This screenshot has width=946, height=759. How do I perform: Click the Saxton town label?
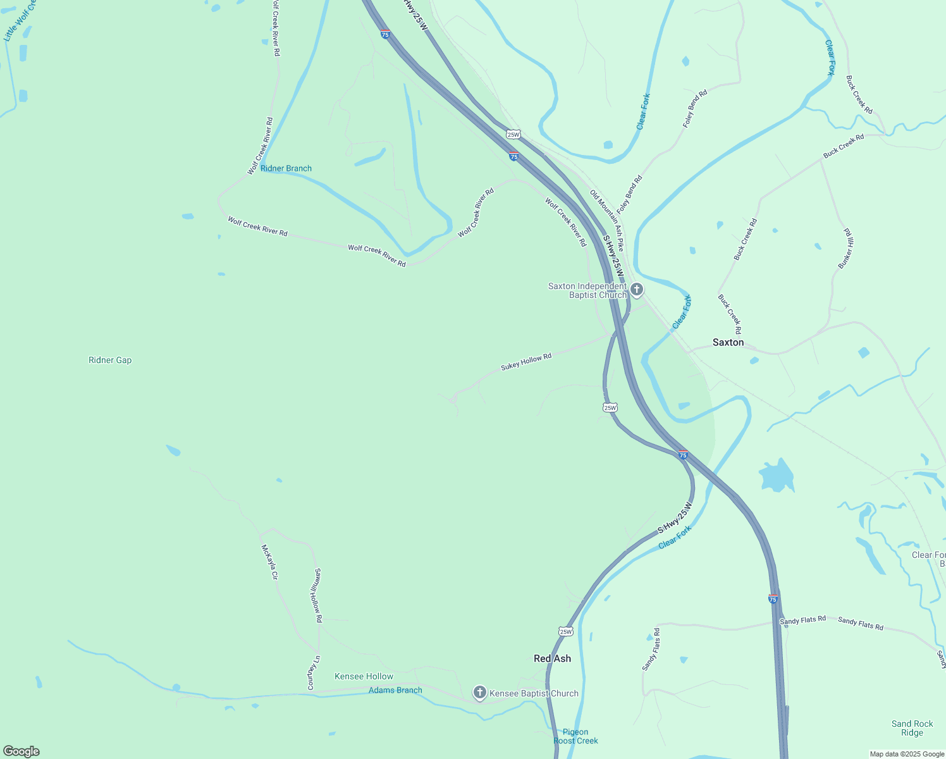coord(728,342)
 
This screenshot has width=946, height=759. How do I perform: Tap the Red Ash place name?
coord(552,658)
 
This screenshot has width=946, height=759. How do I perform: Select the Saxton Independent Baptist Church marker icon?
coord(637,290)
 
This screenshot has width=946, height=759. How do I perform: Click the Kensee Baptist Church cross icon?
coord(480,693)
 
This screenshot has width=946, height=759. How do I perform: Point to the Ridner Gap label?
coord(110,360)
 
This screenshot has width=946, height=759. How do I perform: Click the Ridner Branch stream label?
coord(286,168)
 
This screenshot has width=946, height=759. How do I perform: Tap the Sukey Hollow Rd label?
coord(526,361)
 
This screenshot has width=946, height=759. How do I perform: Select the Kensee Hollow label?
coord(364,676)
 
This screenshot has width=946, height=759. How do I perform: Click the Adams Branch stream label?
coord(395,690)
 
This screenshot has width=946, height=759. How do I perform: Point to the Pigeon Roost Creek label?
coord(575,736)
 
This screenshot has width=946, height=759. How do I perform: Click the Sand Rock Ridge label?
coord(912,728)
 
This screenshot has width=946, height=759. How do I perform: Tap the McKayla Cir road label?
coord(269,562)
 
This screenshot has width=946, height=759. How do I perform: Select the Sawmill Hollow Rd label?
coord(316,595)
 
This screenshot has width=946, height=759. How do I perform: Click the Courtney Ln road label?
coord(314,672)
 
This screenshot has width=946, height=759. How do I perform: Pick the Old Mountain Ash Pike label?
coord(607,220)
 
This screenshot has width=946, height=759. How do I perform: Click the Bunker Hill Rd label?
coord(846,249)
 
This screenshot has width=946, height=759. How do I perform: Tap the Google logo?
coord(21,751)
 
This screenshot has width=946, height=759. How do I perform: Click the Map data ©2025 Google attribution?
coord(907,754)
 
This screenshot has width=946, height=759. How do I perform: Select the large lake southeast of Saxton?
coord(777,476)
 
